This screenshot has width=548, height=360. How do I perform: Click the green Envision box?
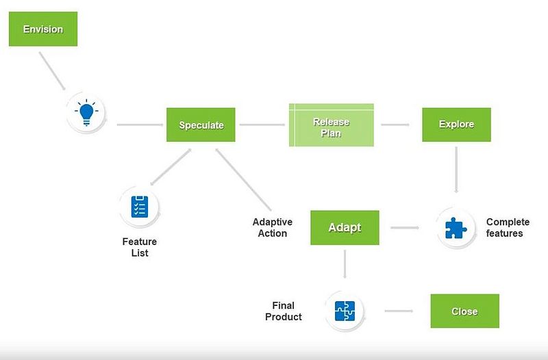click(43, 29)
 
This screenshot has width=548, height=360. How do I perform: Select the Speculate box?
click(201, 125)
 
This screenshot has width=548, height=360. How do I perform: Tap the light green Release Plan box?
click(332, 125)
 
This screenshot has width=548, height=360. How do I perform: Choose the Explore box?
click(456, 125)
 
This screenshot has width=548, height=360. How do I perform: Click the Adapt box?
click(345, 228)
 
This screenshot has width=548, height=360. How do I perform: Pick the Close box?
click(465, 311)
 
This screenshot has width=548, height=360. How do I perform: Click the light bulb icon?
click(86, 112)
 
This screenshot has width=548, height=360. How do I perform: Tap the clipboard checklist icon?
click(140, 207)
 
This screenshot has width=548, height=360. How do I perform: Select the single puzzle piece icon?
click(456, 228)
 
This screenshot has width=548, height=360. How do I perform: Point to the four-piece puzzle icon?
click(345, 311)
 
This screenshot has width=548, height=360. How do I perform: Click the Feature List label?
click(140, 247)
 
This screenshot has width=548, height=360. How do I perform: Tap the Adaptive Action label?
click(272, 228)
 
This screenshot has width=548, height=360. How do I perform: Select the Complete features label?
click(508, 228)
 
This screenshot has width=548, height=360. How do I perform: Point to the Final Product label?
click(283, 311)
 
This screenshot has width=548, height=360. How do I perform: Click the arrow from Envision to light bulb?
click(52, 71)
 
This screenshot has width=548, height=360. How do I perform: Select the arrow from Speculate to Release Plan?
click(262, 125)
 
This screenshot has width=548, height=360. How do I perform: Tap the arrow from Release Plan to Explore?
click(395, 125)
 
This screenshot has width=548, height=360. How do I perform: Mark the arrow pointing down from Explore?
click(456, 170)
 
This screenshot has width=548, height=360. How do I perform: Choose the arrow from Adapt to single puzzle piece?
click(405, 228)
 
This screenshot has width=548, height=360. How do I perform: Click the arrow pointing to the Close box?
click(399, 311)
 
